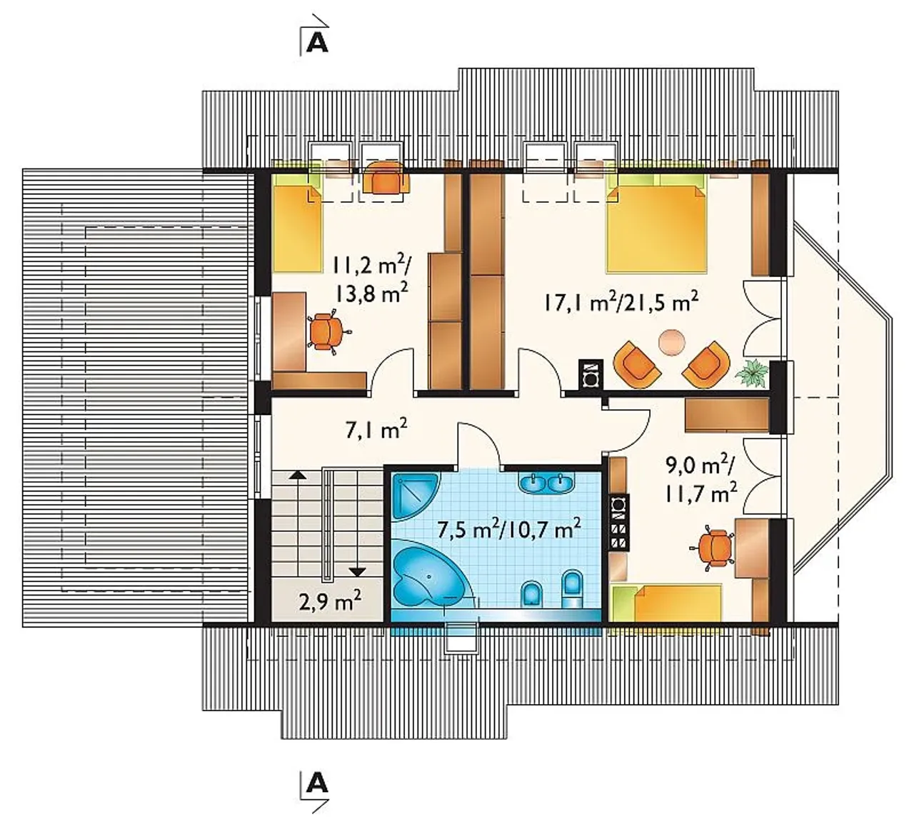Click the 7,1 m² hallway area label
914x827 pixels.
pos(376,429)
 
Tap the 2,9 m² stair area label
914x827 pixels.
pos(331,601)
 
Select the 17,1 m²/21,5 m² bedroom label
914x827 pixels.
pos(621,301)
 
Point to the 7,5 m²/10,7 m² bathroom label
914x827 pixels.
pos(508,529)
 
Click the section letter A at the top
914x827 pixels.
pos(318,44)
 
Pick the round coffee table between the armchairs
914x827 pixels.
pos(672,341)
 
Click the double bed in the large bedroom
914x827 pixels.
pos(656,229)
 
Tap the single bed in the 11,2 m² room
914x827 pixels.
pos(297,228)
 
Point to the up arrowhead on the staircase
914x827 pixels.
pos(298,475)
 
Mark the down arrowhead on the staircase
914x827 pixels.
pos(359,572)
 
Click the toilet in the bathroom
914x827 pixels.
pos(572,588)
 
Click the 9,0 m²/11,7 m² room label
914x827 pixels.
pos(701,478)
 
